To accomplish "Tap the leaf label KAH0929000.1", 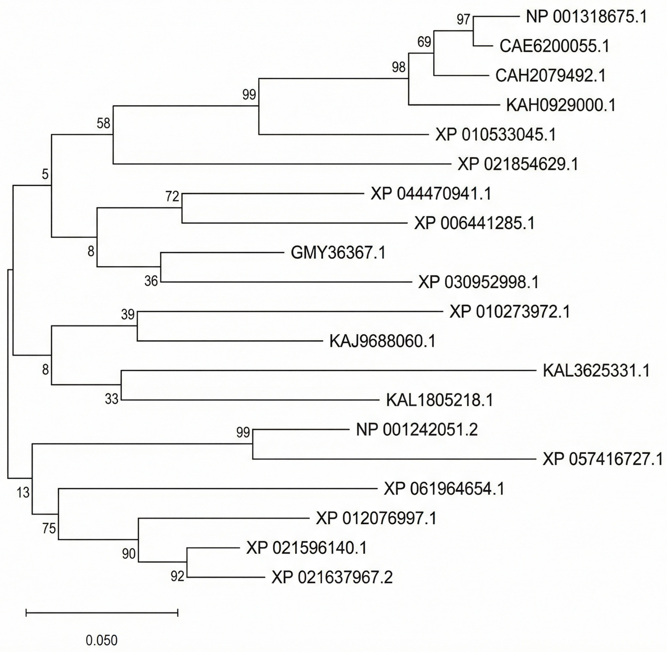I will (561, 105).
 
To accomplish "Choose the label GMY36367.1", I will (338, 253).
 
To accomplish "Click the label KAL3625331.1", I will (596, 371).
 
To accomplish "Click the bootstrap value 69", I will (424, 42).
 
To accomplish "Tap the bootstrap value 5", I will (45, 175).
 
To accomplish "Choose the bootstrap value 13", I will (23, 493).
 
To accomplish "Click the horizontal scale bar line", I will (102, 613).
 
